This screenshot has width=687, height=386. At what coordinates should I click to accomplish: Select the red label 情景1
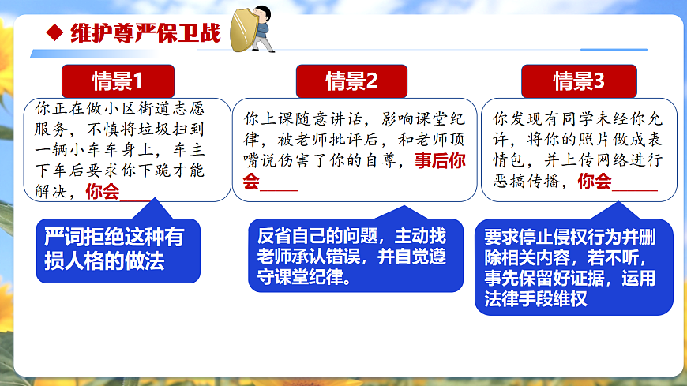118,81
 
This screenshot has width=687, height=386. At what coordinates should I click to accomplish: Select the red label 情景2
351,81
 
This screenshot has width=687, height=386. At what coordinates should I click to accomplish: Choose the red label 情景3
579,81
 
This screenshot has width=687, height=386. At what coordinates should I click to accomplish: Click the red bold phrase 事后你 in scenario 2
440,160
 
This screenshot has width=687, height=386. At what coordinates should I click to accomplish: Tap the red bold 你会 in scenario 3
595,181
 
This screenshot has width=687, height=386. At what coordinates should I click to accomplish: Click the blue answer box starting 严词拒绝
117,249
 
